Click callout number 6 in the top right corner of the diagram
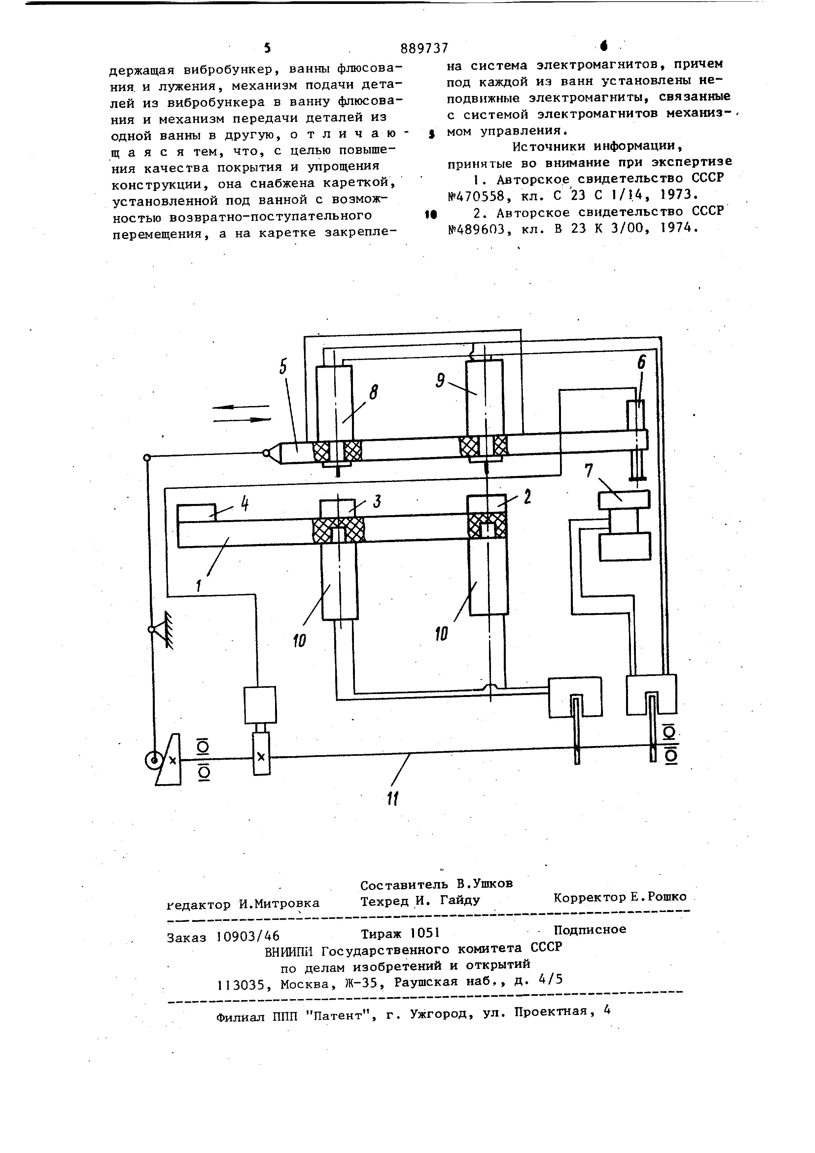642,362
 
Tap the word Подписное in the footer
590,929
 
